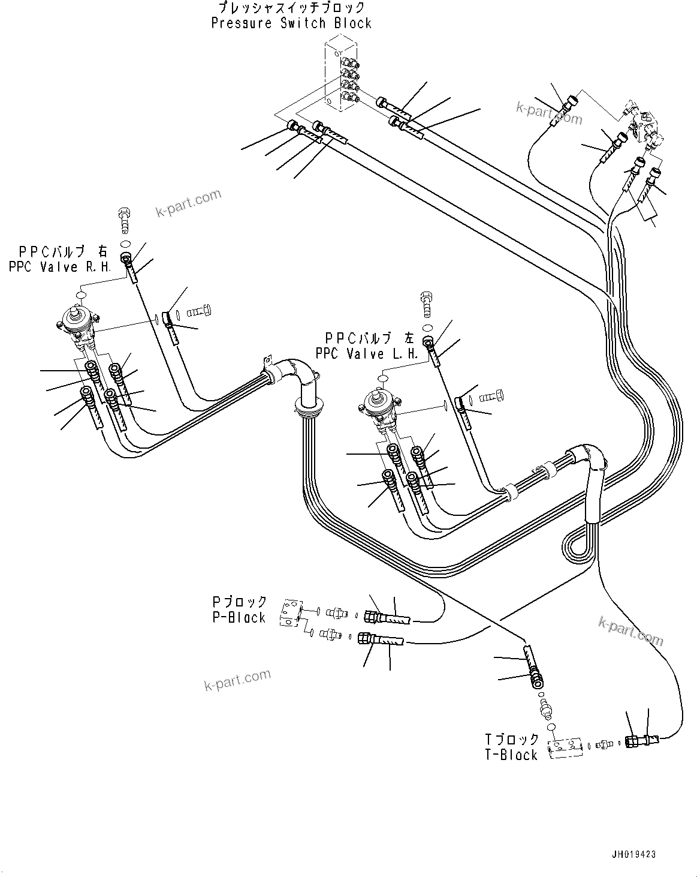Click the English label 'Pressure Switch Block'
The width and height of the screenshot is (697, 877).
tap(291, 23)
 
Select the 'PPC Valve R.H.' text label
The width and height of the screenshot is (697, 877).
tap(60, 267)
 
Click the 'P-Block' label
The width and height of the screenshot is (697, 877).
tap(239, 617)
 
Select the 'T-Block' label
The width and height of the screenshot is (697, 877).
tap(511, 755)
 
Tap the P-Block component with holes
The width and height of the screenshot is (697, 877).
tap(290, 614)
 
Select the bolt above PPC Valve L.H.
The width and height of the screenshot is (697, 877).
tap(427, 301)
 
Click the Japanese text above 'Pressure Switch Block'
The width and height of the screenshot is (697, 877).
tap(291, 8)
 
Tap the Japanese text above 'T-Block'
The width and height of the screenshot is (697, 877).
tap(512, 739)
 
